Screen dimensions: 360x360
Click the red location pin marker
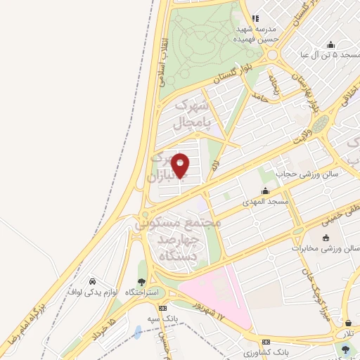tap(180, 166)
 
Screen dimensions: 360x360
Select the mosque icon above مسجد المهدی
tap(266, 191)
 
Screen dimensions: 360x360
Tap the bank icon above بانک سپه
tap(162, 308)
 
